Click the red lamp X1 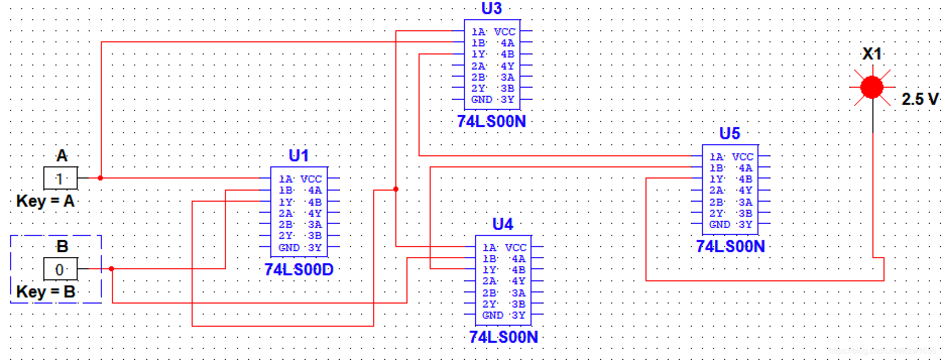point(872,87)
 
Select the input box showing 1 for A point(60,178)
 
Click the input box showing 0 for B point(60,269)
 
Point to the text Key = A point(45,201)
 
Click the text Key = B point(45,292)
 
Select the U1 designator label point(299,155)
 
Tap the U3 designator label point(492,9)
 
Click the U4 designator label point(503,224)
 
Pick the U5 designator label point(730,133)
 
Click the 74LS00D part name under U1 point(299,270)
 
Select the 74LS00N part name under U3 point(491,122)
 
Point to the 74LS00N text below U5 point(730,246)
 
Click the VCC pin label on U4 point(515,248)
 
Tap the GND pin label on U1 point(289,248)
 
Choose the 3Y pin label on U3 point(507,99)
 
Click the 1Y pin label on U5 point(716,179)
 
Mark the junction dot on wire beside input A point(100,178)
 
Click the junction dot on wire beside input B point(111,269)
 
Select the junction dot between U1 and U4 point(396,189)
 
